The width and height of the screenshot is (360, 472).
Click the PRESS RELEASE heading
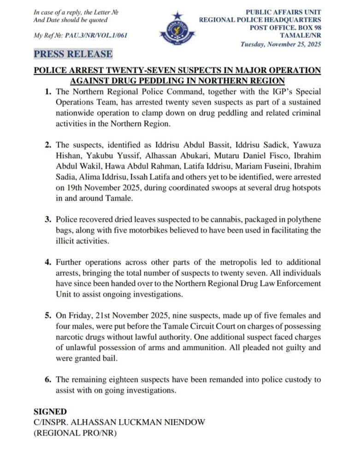[x=73, y=54]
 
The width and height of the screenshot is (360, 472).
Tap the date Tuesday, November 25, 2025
[x=281, y=44]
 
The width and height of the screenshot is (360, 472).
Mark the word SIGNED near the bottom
[x=50, y=412]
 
